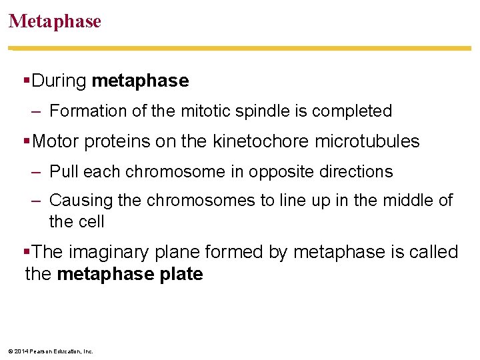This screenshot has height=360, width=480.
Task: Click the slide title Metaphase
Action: pos(55,21)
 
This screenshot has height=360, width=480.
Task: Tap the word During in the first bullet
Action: pos(59,81)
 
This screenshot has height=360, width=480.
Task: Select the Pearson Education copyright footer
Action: pos(51,351)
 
